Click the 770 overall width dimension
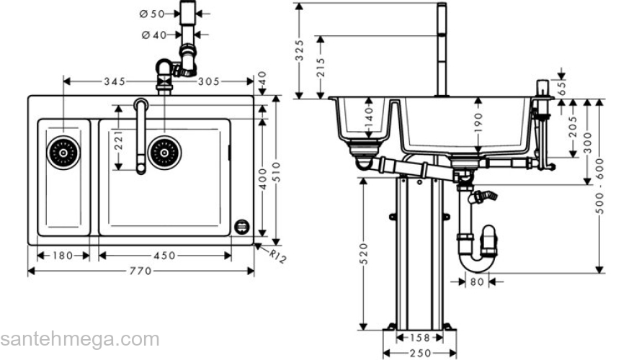tap(140, 271)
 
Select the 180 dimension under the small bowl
tap(63, 255)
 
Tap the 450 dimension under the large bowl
tap(165, 255)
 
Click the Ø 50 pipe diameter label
tap(153, 13)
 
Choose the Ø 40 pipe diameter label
tap(153, 34)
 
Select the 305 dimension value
tap(208, 81)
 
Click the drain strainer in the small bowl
tap(63, 152)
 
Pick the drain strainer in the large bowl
tap(164, 152)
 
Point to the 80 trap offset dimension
tap(475, 282)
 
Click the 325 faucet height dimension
tap(300, 50)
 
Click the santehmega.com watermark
tap(79, 339)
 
